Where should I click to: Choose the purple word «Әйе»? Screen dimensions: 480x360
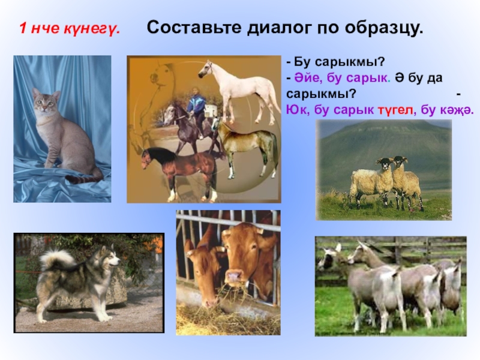(x=308, y=78)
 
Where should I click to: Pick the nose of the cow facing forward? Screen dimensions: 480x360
(x=234, y=277)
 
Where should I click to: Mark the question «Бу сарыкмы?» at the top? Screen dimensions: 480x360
(x=336, y=62)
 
